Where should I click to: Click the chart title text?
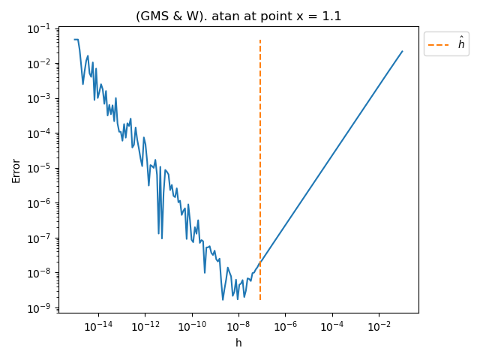[238, 16]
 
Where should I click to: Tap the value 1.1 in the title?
[331, 16]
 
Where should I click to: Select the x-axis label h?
[238, 343]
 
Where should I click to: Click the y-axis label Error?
[16, 170]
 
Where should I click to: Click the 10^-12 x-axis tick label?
[145, 326]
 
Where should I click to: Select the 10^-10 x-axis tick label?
[191, 326]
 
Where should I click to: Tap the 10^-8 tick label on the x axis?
[238, 326]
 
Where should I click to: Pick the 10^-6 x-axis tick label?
[285, 326]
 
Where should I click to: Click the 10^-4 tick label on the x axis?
[331, 326]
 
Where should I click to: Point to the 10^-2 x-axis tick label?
[379, 326]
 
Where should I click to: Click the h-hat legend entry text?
[460, 45]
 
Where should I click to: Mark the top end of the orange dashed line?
[260, 40]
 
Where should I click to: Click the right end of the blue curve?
[402, 52]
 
